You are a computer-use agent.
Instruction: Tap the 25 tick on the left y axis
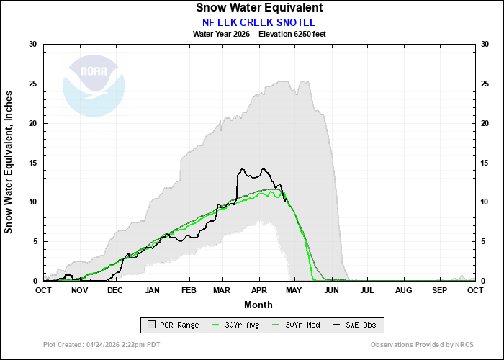pos(32,84)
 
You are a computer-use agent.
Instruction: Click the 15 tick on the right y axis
pos(485,163)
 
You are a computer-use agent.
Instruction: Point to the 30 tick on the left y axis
pos(32,45)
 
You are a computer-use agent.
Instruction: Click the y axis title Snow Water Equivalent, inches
pos(9,163)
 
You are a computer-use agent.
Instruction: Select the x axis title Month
pos(258,304)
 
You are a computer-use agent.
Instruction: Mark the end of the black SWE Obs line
pos(287,200)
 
